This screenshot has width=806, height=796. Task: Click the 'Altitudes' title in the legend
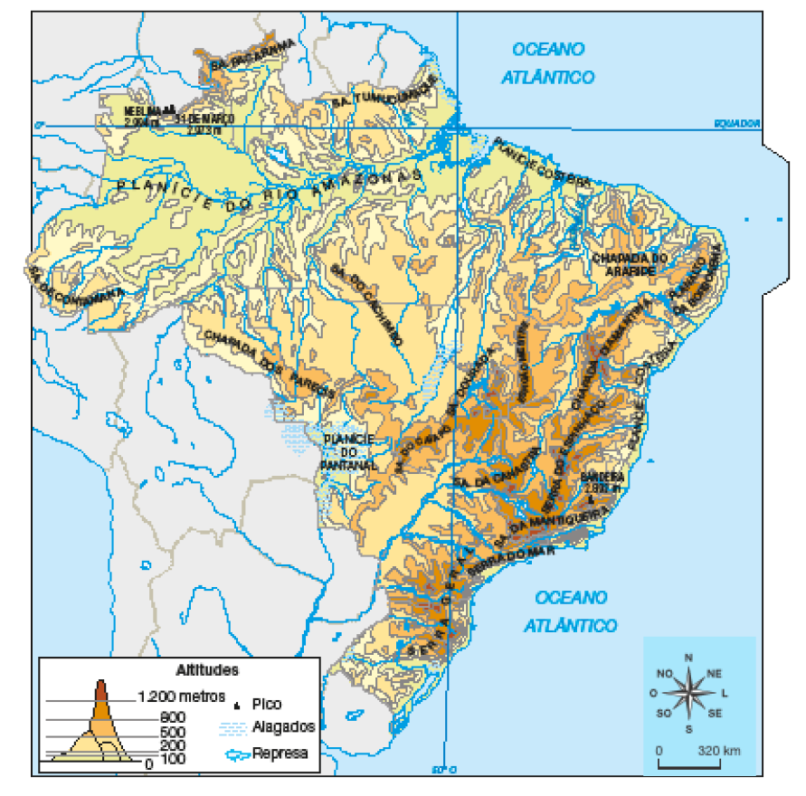point(206,671)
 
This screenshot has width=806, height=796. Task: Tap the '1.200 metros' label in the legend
point(177,697)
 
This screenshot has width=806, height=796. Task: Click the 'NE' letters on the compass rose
point(713,674)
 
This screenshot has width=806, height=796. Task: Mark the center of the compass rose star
point(688,694)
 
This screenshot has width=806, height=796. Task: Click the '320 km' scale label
point(720,751)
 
